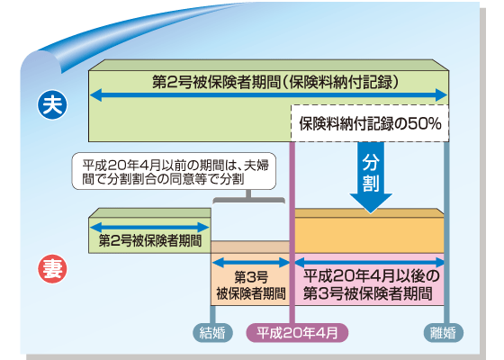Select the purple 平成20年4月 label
coord(296,333)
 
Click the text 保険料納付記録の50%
coord(369,124)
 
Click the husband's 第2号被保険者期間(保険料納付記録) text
coord(269,81)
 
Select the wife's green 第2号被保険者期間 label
coord(149,241)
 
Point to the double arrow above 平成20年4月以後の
coord(370,263)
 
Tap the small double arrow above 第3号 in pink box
coord(251,263)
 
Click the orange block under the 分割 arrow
coord(370,233)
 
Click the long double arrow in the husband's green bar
coord(269,94)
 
